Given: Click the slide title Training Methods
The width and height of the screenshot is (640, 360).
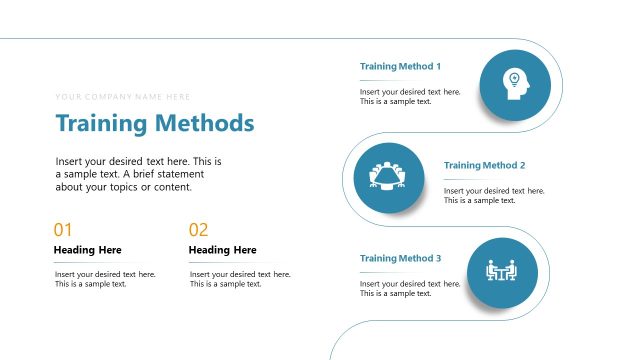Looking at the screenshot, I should [155, 124].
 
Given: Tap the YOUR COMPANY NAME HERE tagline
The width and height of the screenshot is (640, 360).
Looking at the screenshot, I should [123, 97].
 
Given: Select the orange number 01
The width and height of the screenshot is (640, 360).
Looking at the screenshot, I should [63, 230].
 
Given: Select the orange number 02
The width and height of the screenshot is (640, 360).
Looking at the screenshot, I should [198, 230].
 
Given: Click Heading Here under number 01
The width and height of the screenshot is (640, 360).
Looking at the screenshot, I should [87, 250].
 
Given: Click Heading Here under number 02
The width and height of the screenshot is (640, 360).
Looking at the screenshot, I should [222, 250].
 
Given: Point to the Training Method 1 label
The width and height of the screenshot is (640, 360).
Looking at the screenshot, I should [400, 66].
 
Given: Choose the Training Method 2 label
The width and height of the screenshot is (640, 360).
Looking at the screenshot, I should [484, 165].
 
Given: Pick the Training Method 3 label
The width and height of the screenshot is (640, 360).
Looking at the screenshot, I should [400, 259].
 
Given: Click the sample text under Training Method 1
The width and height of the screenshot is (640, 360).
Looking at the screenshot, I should [410, 96].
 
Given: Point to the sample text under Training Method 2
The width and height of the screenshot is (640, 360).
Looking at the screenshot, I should [494, 195].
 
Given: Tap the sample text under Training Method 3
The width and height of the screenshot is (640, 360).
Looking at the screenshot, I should [410, 289].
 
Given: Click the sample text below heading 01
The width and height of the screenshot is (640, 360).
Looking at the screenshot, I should [105, 279].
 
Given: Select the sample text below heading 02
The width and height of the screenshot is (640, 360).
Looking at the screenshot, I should [240, 279].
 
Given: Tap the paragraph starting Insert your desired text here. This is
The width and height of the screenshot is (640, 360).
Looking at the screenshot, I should [138, 174].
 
